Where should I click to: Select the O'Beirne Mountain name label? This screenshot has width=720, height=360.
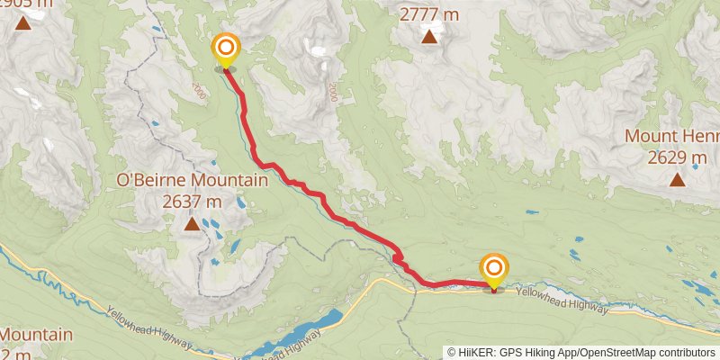[x=193, y=181]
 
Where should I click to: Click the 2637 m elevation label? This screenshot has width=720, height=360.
[x=193, y=201]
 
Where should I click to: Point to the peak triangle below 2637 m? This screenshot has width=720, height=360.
[x=192, y=222]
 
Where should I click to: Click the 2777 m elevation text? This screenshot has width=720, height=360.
[x=430, y=14]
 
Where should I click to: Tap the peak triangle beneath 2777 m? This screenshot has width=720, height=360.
[x=430, y=37]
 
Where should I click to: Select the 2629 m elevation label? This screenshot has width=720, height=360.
[x=677, y=157]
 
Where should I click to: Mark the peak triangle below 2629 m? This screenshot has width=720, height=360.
[x=677, y=179]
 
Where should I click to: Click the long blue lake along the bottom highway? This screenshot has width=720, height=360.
[x=297, y=334]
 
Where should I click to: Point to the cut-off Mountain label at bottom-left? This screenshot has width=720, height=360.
[x=36, y=335]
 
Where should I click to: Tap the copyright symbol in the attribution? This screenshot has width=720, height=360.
[x=452, y=352]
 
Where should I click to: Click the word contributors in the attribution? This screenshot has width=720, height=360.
[x=686, y=352]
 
